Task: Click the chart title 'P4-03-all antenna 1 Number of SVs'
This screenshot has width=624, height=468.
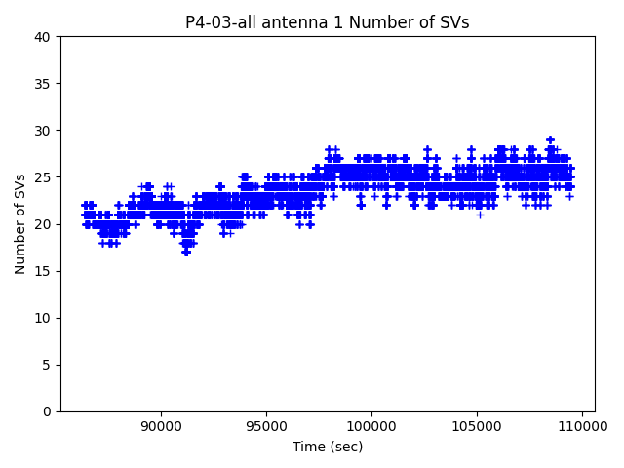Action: tap(327, 22)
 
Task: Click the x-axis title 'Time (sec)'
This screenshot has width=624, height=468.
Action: tap(328, 447)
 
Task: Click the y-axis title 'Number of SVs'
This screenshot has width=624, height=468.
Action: tap(20, 223)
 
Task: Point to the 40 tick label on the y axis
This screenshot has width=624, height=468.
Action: tap(43, 37)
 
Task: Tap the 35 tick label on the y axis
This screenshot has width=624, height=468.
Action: tap(43, 84)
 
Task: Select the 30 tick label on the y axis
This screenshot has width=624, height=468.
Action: tap(43, 131)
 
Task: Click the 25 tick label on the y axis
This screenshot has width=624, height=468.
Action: tap(43, 177)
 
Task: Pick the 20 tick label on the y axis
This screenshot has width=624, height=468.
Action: tap(43, 224)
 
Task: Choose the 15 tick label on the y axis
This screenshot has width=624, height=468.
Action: tap(43, 271)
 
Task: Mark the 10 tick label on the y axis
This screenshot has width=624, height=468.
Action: tap(43, 318)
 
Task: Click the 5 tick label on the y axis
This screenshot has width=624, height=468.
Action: tap(47, 365)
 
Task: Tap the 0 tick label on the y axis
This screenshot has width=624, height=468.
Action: tap(47, 411)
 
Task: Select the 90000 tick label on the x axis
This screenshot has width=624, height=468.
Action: tap(160, 426)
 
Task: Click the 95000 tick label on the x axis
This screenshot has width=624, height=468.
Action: tap(266, 426)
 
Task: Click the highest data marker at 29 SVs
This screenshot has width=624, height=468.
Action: tap(550, 140)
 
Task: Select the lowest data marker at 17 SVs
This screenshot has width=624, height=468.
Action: tap(186, 253)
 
